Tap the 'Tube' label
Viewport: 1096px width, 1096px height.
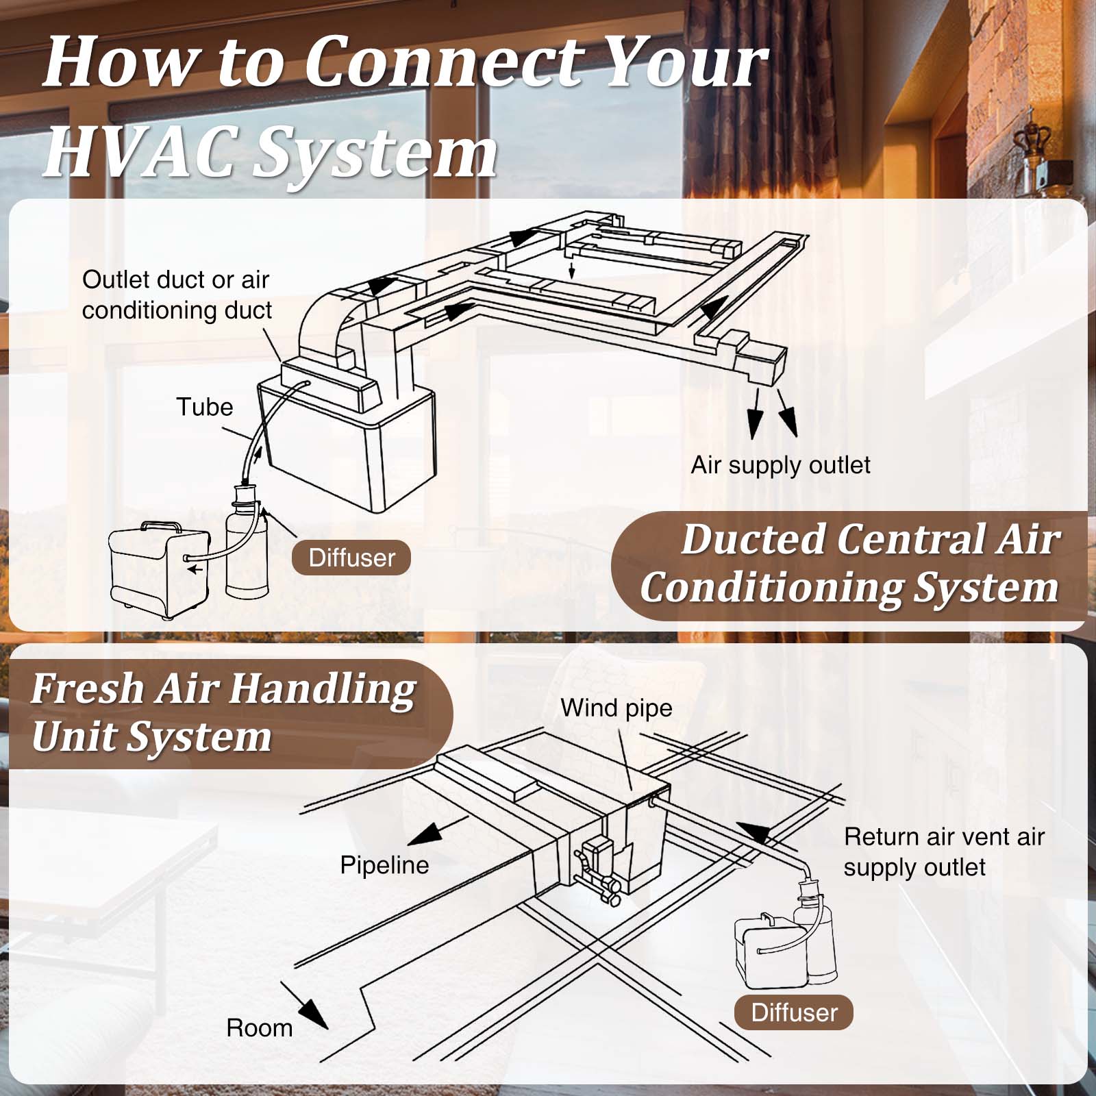[x=205, y=407]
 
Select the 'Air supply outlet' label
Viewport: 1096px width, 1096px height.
[x=780, y=465]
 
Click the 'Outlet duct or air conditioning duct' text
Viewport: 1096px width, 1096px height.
[x=177, y=295]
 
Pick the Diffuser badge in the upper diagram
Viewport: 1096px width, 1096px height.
[x=351, y=558]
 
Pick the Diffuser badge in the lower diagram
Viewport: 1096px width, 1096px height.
[x=794, y=1012]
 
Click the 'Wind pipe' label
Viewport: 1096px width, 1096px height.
[x=616, y=708]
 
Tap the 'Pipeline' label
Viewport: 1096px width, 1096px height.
[x=384, y=865]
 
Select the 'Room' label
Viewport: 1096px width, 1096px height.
[x=260, y=1028]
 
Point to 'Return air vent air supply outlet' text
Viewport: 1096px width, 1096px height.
[x=944, y=851]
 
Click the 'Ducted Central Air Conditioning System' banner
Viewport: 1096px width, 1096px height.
[x=849, y=564]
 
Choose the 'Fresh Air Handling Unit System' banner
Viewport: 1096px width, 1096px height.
[x=223, y=712]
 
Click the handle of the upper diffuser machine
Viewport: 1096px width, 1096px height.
[x=162, y=527]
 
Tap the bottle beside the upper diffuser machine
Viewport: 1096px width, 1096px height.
[x=247, y=548]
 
